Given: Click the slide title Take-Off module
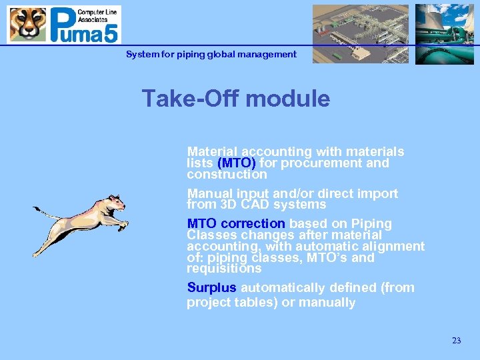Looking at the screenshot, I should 235,99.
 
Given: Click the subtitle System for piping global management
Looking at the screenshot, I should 211,54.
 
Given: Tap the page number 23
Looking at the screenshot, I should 456,341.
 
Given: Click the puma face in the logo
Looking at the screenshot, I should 27,25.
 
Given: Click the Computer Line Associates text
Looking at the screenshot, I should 98,15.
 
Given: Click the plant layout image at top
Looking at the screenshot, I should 360,33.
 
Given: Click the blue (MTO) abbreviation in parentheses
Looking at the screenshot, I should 237,163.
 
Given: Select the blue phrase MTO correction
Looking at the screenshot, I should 236,223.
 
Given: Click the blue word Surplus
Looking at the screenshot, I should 211,288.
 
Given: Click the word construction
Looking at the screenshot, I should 227,175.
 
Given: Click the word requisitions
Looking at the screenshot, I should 224,269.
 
